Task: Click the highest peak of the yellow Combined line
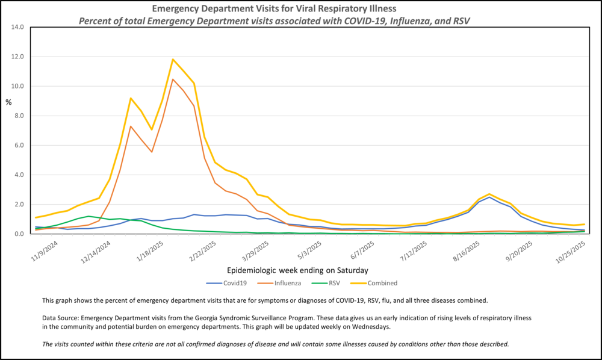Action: click(x=173, y=59)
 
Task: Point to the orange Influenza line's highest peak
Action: click(x=173, y=79)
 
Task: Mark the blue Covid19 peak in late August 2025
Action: click(x=490, y=197)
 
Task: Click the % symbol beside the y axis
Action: click(x=8, y=102)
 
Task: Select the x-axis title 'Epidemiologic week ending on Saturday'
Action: click(x=298, y=270)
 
